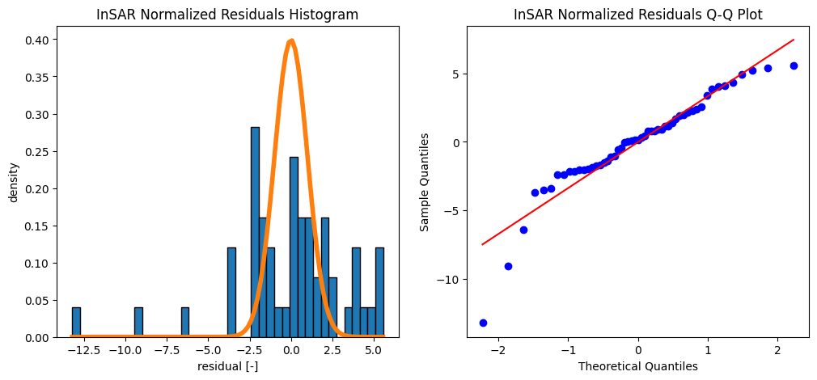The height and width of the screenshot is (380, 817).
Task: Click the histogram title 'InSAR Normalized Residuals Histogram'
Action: click(x=227, y=15)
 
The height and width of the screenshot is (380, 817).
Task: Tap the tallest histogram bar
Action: click(x=255, y=232)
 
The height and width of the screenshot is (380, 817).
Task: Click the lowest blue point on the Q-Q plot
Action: click(x=483, y=323)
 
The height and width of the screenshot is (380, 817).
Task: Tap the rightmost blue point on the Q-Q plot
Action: click(x=794, y=65)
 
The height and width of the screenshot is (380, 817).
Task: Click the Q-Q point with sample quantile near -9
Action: click(x=508, y=266)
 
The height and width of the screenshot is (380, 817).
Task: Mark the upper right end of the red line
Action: click(x=794, y=40)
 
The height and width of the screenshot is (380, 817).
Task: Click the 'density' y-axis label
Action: click(x=15, y=182)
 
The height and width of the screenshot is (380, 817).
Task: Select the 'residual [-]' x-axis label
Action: click(x=227, y=365)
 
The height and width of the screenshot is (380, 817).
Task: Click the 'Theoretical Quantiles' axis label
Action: click(x=638, y=365)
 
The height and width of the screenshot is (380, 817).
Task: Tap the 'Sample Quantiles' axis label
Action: click(x=425, y=182)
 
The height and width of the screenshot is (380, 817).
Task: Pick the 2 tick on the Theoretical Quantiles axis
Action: click(x=777, y=352)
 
